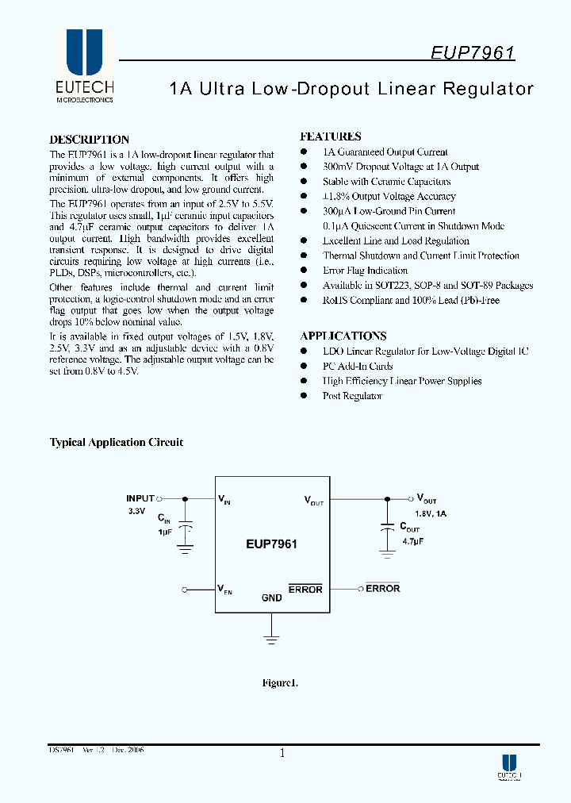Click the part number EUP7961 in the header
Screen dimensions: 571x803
(473, 53)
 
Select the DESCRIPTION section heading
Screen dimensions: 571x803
(89, 140)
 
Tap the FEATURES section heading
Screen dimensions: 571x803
(331, 136)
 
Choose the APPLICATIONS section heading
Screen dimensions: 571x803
(343, 336)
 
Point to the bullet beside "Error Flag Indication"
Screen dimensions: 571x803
(303, 271)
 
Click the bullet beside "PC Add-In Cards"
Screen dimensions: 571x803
(303, 366)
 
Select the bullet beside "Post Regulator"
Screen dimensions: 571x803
(303, 396)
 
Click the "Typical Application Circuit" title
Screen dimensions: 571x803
(117, 443)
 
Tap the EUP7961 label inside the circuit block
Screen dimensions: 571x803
(272, 544)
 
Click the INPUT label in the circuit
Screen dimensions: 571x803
(140, 498)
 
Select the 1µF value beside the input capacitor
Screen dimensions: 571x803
(164, 532)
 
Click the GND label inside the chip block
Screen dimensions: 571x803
(271, 597)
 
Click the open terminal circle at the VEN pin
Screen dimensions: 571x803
(185, 590)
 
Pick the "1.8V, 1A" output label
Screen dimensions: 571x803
(431, 513)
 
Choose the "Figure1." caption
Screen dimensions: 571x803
(279, 682)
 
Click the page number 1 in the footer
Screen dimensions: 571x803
(282, 754)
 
